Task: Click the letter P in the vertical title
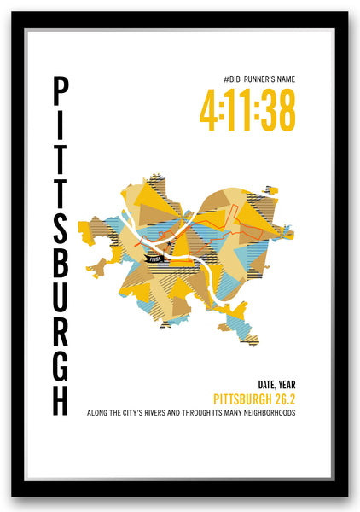[x=61, y=91]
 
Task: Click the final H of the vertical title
[x=61, y=398]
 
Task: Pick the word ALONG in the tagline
[x=98, y=413]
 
